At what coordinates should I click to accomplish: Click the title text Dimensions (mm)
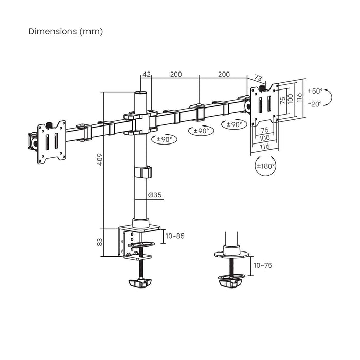point(66,31)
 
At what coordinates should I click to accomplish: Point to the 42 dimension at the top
point(147,74)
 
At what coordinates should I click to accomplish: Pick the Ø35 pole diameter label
point(155,195)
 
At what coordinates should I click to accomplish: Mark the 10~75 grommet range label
point(263,266)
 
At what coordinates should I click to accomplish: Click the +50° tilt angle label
point(315,91)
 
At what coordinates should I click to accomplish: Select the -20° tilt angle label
point(314,103)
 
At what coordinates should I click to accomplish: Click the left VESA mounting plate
point(51,143)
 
